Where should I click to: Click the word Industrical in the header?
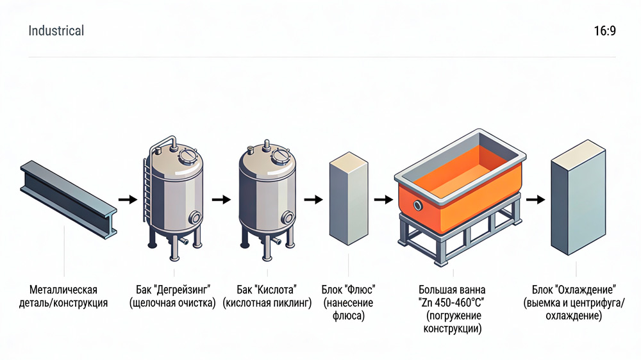[x=56, y=31]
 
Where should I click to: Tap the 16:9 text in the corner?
[x=604, y=31]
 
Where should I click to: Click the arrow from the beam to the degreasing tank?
[x=128, y=199]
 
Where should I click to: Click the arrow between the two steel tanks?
[x=221, y=199]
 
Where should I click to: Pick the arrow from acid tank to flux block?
[x=313, y=199]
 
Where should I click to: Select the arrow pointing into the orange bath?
[x=383, y=199]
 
